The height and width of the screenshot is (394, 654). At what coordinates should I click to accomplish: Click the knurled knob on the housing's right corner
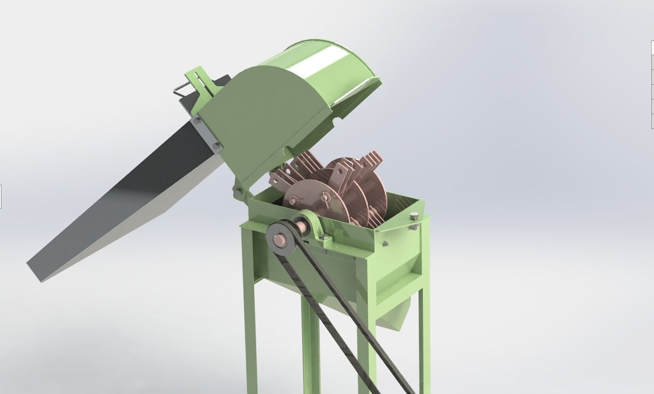414,216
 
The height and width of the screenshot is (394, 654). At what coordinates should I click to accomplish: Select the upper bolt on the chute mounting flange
198,120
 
